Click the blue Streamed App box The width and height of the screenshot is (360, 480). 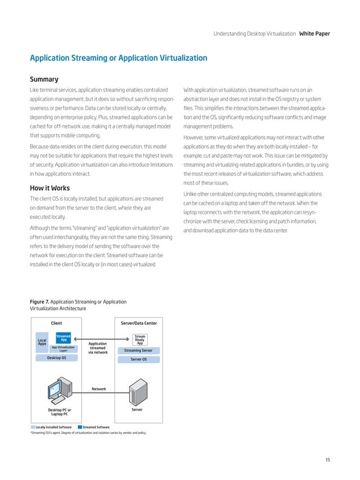[64, 338]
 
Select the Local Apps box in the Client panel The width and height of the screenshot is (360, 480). [42, 342]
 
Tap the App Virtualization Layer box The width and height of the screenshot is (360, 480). [63, 349]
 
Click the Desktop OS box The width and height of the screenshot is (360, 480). [56, 358]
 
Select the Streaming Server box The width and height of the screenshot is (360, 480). [139, 350]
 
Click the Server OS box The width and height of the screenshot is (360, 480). [139, 359]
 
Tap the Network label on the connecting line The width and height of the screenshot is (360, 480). [99, 389]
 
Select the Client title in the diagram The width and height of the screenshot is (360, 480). [56, 323]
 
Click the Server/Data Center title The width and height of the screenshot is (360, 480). [139, 323]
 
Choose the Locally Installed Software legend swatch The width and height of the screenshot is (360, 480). [32, 428]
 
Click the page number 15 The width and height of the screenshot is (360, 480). [327, 460]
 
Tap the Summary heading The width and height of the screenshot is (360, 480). [44, 80]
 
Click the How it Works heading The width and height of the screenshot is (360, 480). [50, 188]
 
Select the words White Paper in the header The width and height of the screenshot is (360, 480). [314, 34]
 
